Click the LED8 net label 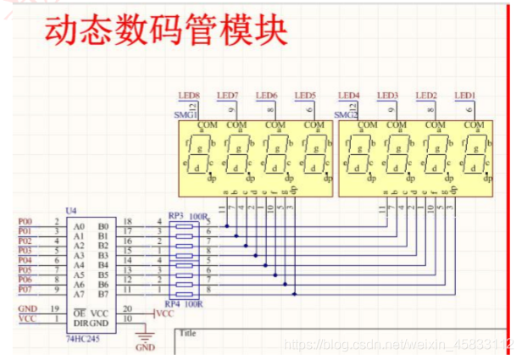(188, 96)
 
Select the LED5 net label (304, 96)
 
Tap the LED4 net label (348, 96)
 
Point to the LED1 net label (464, 96)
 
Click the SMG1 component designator (186, 114)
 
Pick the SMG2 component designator (346, 114)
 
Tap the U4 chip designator (70, 210)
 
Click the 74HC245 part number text (82, 336)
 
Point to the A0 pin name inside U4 (79, 226)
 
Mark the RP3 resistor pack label (176, 217)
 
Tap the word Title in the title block (189, 333)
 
